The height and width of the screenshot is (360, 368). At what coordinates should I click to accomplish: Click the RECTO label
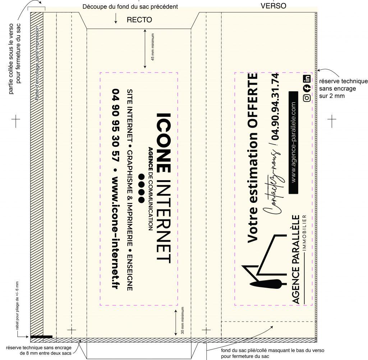coord(139,20)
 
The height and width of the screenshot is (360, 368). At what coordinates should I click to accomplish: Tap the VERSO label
coord(273,6)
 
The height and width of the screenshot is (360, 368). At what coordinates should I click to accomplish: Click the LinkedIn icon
coord(307,78)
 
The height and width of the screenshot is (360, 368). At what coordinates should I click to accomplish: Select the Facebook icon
coord(307,88)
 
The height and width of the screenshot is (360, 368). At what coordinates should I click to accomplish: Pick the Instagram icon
coord(307,98)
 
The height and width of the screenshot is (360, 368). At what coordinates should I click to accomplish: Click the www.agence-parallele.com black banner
coord(293,142)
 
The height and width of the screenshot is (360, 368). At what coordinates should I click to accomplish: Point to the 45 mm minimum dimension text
coord(153,47)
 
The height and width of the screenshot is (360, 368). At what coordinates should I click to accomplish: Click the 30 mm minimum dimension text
coord(183,320)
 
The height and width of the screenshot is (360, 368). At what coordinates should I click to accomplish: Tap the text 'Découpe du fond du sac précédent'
coord(130,7)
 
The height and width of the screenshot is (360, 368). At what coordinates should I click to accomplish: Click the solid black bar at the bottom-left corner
coord(41,337)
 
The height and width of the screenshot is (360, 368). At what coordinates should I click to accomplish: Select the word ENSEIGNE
coord(130,273)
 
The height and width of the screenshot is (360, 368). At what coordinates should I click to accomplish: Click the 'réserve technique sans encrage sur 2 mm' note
coord(343,88)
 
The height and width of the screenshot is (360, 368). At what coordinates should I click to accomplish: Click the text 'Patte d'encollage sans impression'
coord(37,63)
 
